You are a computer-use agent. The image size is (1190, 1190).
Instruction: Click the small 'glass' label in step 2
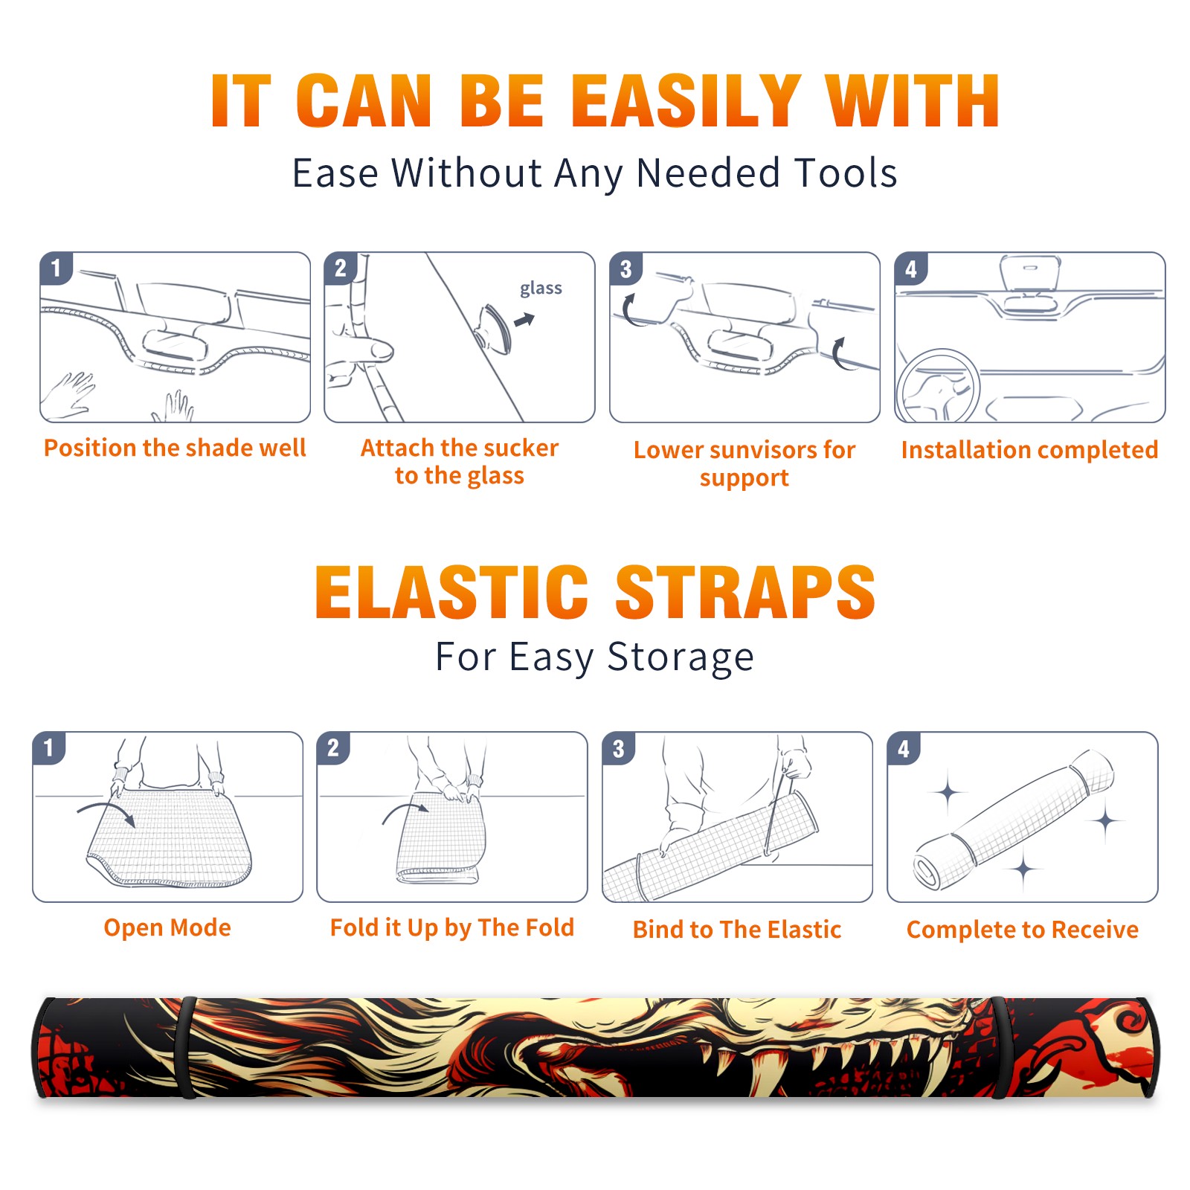click(541, 289)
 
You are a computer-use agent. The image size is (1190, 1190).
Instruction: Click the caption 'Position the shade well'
click(175, 448)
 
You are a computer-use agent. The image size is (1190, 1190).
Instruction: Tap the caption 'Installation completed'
click(1029, 450)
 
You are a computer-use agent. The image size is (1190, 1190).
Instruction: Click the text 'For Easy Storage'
click(595, 657)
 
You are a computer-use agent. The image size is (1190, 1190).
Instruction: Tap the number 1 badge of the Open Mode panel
click(49, 747)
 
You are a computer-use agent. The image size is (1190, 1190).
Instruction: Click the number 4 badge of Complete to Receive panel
click(904, 748)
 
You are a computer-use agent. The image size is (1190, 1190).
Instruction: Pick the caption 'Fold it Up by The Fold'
click(452, 927)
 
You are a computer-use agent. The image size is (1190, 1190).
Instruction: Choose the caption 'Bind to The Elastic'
click(737, 930)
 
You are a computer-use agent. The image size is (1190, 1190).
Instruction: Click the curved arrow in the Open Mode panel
click(106, 808)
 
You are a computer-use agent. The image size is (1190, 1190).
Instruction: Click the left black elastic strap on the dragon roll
click(186, 1047)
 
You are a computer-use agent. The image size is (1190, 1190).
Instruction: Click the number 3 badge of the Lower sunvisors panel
click(625, 268)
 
